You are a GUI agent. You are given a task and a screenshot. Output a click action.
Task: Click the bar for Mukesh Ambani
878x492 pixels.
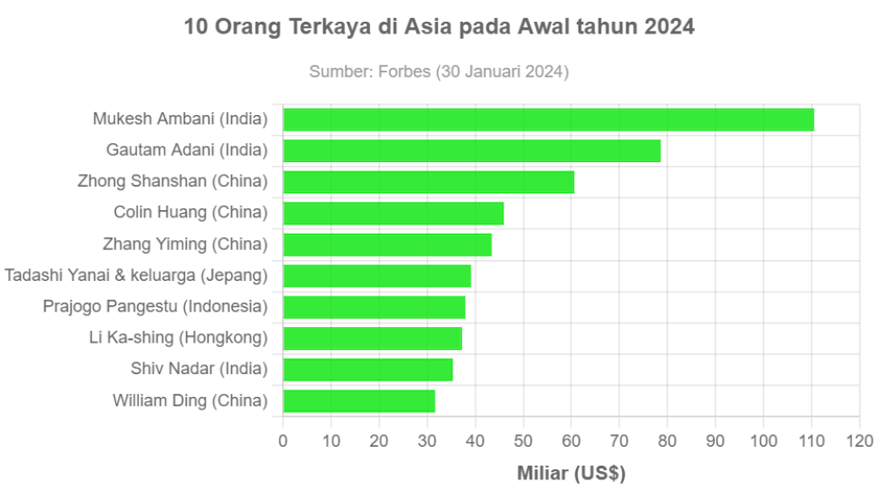549,120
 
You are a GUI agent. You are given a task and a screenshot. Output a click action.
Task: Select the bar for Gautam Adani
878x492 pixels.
472,150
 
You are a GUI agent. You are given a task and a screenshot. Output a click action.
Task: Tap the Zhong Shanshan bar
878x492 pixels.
428,182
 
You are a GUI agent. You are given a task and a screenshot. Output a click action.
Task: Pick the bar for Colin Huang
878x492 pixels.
393,213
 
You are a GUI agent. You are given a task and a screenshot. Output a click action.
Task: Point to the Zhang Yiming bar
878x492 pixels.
387,245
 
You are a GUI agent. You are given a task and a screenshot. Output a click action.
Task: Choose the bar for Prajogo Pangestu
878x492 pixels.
374,307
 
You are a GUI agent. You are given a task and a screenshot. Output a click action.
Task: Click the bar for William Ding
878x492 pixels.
358,400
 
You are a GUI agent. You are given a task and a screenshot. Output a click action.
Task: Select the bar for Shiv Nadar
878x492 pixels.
367,370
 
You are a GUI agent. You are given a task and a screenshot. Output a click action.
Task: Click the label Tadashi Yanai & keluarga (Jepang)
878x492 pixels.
136,275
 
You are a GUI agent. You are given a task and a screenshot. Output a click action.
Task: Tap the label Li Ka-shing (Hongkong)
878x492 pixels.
178,338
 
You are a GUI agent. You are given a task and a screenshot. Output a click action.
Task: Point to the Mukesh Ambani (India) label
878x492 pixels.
180,120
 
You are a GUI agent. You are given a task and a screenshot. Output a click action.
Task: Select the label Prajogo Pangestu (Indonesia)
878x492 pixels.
155,307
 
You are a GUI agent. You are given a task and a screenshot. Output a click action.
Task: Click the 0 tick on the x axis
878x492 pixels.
283,441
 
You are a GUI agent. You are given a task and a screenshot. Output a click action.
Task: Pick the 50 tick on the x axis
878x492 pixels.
523,441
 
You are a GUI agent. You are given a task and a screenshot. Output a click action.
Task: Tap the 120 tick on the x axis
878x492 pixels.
859,441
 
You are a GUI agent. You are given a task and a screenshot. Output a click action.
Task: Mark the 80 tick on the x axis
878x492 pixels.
668,441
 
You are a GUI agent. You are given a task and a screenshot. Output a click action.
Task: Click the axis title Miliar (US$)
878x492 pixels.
571,473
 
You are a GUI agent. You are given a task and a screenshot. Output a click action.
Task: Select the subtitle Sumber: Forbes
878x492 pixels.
439,72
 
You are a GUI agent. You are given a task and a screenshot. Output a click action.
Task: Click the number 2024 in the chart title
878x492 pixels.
669,27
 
